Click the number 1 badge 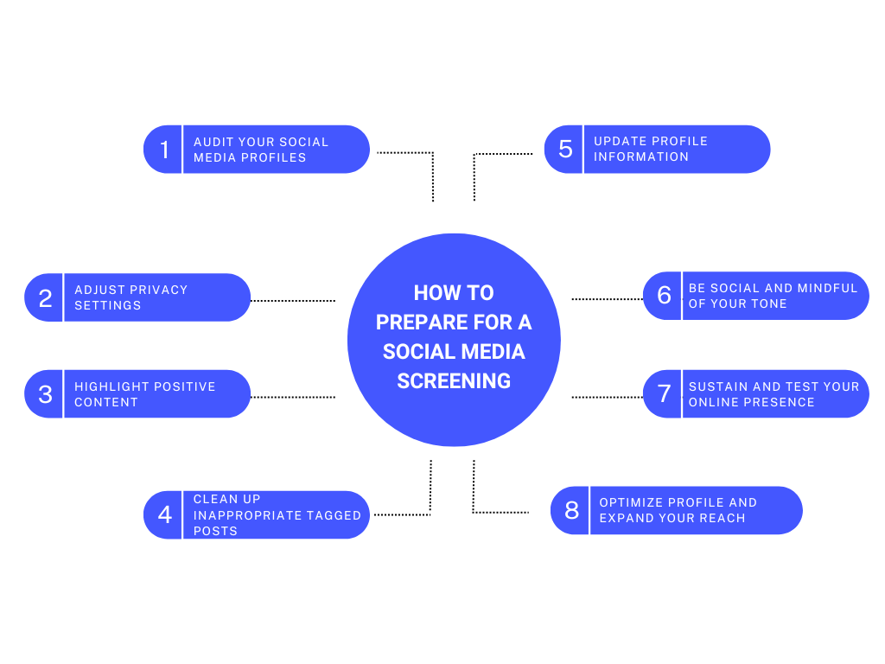click(163, 150)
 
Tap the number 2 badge click(45, 298)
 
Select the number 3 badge click(45, 394)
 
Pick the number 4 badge click(164, 515)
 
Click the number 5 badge click(565, 149)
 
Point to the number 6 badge click(664, 296)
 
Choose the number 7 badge click(664, 394)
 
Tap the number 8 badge click(571, 510)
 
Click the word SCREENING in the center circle click(454, 380)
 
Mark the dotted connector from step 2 click(293, 300)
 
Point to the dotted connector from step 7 click(607, 397)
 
